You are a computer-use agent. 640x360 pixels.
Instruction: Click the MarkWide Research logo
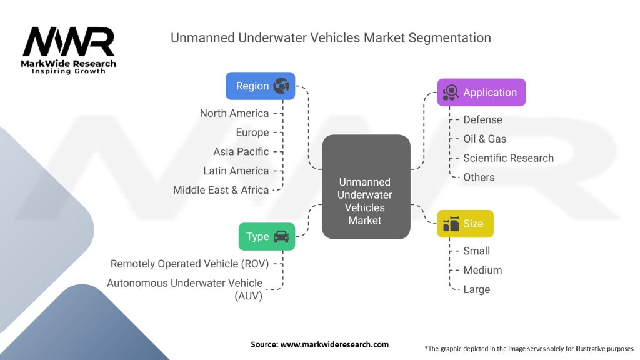point(69,50)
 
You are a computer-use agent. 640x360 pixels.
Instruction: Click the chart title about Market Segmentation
point(331,37)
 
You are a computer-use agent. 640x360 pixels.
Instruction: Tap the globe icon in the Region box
point(281,86)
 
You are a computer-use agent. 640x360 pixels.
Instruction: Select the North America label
point(234,113)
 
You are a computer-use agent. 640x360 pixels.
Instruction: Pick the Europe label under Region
point(252,132)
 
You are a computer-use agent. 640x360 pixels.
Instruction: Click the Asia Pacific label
point(241,151)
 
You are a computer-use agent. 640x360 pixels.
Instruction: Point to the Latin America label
point(236,171)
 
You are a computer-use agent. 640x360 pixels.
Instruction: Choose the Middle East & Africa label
point(221,190)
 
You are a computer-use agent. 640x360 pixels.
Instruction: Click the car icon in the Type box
point(281,237)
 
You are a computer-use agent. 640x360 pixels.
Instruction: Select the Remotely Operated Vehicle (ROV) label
point(189,264)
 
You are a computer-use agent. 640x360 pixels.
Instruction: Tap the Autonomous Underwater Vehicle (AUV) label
point(185,289)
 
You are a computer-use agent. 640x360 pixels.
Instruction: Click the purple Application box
point(481,92)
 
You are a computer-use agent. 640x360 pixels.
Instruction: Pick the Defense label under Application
point(482,119)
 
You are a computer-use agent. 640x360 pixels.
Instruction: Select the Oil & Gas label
point(484,139)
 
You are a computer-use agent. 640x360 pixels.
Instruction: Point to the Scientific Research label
point(508,158)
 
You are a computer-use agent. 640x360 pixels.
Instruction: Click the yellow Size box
point(465,224)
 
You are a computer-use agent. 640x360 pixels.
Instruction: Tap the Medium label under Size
point(482,270)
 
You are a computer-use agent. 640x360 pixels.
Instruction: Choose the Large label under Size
point(476,289)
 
